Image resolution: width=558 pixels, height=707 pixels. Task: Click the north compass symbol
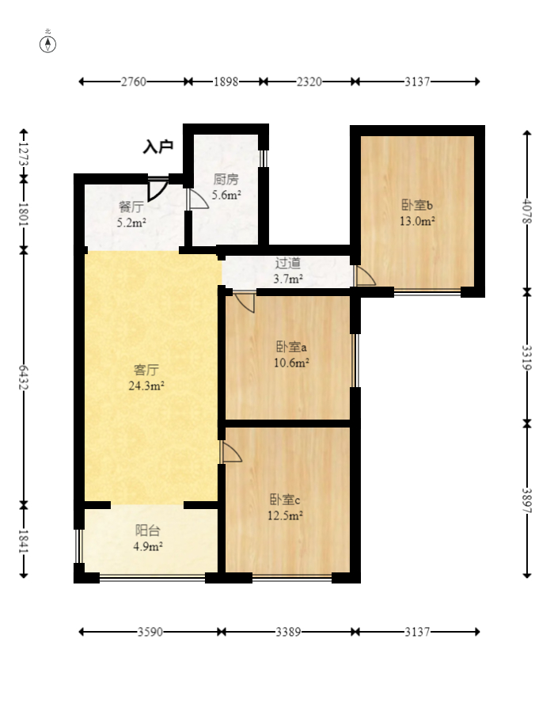[x=47, y=44]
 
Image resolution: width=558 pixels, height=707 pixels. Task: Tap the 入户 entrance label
[x=158, y=146]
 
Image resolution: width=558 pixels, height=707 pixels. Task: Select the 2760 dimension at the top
[x=134, y=82]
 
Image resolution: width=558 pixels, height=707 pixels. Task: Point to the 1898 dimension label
[x=226, y=82]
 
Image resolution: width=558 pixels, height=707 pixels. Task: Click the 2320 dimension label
[x=309, y=82]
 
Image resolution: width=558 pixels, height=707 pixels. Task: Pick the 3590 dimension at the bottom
[x=150, y=632]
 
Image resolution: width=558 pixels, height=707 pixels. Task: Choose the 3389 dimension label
[x=288, y=632]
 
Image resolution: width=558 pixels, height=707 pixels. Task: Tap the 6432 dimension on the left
[x=24, y=378]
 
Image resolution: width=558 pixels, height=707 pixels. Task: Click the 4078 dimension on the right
[x=527, y=211]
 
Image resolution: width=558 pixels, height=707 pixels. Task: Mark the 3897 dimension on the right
[x=527, y=500]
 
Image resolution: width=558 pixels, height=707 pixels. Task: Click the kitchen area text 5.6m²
[x=226, y=196]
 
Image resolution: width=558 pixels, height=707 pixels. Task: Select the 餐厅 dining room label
[x=131, y=207]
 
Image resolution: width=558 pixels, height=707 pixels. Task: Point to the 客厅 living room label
[x=146, y=370]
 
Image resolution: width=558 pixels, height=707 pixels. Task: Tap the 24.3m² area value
[x=146, y=386]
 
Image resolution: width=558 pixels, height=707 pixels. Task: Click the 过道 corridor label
[x=288, y=263]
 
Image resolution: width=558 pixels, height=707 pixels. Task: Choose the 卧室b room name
[x=417, y=205]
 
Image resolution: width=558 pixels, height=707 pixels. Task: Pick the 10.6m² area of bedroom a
[x=291, y=363]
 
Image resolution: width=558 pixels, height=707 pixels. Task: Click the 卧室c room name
[x=285, y=499]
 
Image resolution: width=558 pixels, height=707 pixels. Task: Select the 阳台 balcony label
[x=147, y=530]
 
